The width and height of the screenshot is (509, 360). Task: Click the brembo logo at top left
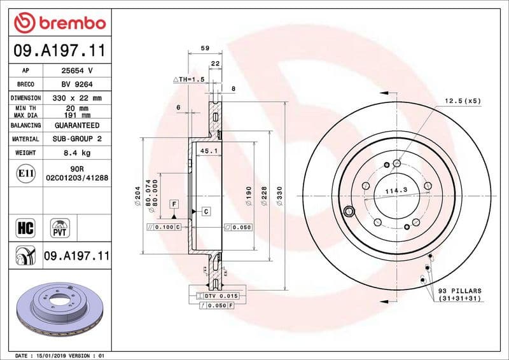[59, 23]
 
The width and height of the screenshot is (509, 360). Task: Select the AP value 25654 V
[76, 70]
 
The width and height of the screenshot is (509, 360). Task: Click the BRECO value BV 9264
[76, 84]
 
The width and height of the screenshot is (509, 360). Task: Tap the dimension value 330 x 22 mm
[76, 98]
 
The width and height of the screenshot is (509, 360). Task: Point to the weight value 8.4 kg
[76, 153]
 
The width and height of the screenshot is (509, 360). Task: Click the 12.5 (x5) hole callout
[462, 101]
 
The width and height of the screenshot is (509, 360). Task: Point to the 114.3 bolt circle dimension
[396, 190]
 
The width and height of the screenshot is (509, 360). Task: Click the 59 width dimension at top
[205, 48]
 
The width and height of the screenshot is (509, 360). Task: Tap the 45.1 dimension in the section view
[209, 151]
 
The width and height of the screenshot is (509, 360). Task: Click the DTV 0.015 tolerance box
[218, 296]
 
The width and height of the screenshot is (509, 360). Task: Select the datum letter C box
[206, 211]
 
